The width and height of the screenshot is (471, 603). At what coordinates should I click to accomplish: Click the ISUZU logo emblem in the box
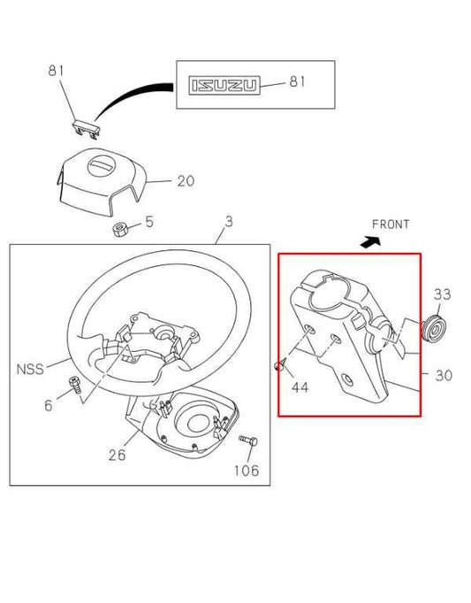pyautogui.click(x=224, y=84)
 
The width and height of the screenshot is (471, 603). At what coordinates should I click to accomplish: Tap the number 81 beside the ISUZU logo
pyautogui.click(x=297, y=82)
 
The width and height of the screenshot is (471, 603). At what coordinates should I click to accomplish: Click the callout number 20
pyautogui.click(x=185, y=181)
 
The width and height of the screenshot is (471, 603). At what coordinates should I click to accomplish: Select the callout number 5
pyautogui.click(x=149, y=222)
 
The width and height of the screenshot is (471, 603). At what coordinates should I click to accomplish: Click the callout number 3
pyautogui.click(x=228, y=222)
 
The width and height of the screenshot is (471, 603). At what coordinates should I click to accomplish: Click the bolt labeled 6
pyautogui.click(x=75, y=385)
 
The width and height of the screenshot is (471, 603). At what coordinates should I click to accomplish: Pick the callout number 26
pyautogui.click(x=117, y=455)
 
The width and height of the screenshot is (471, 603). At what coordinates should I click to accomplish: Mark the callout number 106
pyautogui.click(x=247, y=470)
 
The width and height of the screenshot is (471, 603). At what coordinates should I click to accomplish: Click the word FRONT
pyautogui.click(x=391, y=225)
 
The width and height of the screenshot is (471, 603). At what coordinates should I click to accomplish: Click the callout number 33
pyautogui.click(x=443, y=294)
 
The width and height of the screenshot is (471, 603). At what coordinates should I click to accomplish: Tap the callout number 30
pyautogui.click(x=444, y=376)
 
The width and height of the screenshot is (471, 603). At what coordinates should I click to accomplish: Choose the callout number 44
pyautogui.click(x=300, y=386)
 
